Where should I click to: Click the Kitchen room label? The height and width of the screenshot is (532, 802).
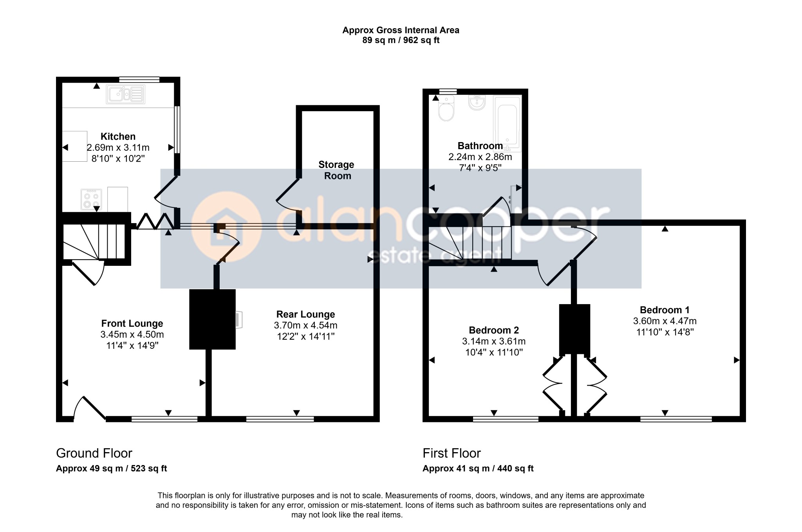[118, 137]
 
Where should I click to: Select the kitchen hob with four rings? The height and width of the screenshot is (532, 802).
[91, 199]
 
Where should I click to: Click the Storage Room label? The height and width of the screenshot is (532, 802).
[336, 170]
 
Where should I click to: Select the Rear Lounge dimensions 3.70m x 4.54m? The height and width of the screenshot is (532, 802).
[306, 325]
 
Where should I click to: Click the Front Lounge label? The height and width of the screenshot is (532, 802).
[132, 324]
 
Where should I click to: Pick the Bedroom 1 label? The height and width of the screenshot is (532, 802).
[665, 310]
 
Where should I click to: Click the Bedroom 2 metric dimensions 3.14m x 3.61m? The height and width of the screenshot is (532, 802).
[494, 341]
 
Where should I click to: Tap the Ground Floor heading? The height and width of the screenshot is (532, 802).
[94, 453]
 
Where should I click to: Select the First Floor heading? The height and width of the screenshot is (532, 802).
[452, 453]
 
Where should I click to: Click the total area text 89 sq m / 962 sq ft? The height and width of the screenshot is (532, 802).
[401, 40]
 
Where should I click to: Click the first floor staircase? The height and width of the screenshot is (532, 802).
[470, 243]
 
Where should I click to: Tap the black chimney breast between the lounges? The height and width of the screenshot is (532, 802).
[212, 319]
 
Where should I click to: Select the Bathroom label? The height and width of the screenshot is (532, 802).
[480, 146]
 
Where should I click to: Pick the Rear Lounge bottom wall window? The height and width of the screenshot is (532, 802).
[280, 419]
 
